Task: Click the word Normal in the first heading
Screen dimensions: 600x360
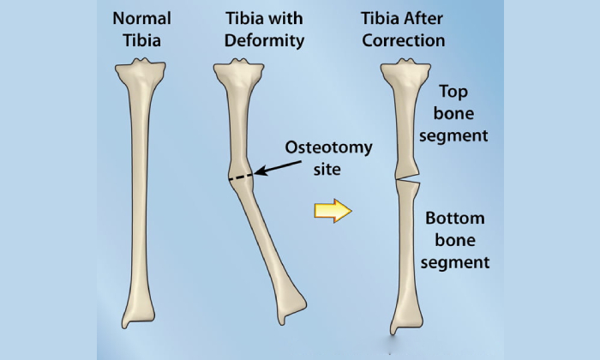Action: pos(141,18)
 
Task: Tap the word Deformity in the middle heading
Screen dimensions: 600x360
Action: pos(264,41)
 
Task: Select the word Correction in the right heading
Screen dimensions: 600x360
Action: pos(404,40)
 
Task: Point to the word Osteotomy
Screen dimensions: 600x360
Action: pos(328,147)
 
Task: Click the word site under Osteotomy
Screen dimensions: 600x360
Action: pos(327,169)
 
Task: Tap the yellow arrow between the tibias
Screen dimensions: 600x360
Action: pos(333,210)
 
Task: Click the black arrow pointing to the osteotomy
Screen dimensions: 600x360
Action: pos(278,167)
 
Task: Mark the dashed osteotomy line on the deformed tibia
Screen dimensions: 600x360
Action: pos(241,177)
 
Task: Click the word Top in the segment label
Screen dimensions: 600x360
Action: pos(453,93)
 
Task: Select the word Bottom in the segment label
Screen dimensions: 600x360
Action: pos(455,218)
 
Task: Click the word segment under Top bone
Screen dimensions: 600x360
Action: pos(453,136)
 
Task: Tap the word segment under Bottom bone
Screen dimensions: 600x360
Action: pos(455,263)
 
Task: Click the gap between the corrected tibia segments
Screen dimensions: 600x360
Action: pos(407,179)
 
